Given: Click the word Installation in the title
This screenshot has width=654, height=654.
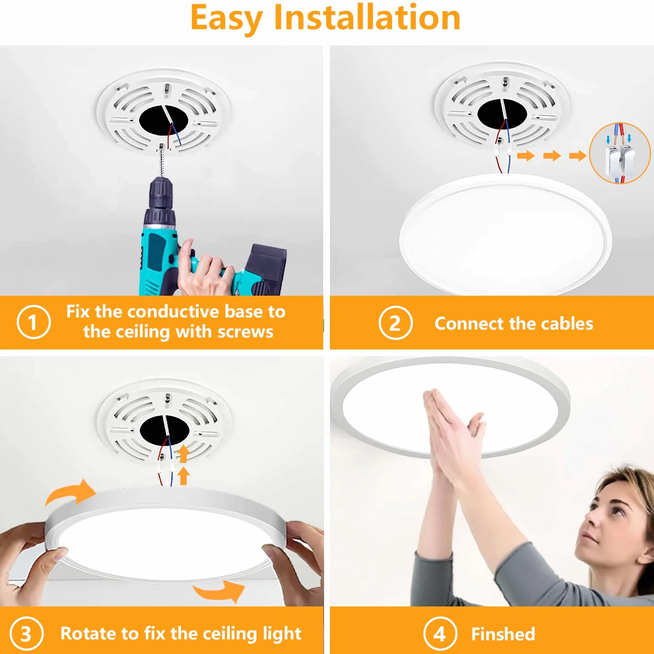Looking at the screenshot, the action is [x=367, y=18].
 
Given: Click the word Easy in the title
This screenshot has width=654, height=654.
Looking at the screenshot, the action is [x=226, y=19].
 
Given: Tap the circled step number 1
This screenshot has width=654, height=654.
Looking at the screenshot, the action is [x=33, y=322].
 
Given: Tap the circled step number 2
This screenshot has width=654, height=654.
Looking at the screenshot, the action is [x=395, y=323].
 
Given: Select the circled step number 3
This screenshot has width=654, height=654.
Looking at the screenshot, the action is [x=26, y=634].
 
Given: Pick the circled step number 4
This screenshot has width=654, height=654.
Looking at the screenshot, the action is [x=440, y=634].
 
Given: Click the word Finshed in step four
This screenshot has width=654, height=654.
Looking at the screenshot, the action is [x=503, y=634].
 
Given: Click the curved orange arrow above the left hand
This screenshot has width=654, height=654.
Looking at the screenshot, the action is [x=70, y=493].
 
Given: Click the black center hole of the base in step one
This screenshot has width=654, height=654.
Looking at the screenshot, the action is [x=163, y=121].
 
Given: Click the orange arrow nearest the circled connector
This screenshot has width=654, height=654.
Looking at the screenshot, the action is [x=578, y=156].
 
